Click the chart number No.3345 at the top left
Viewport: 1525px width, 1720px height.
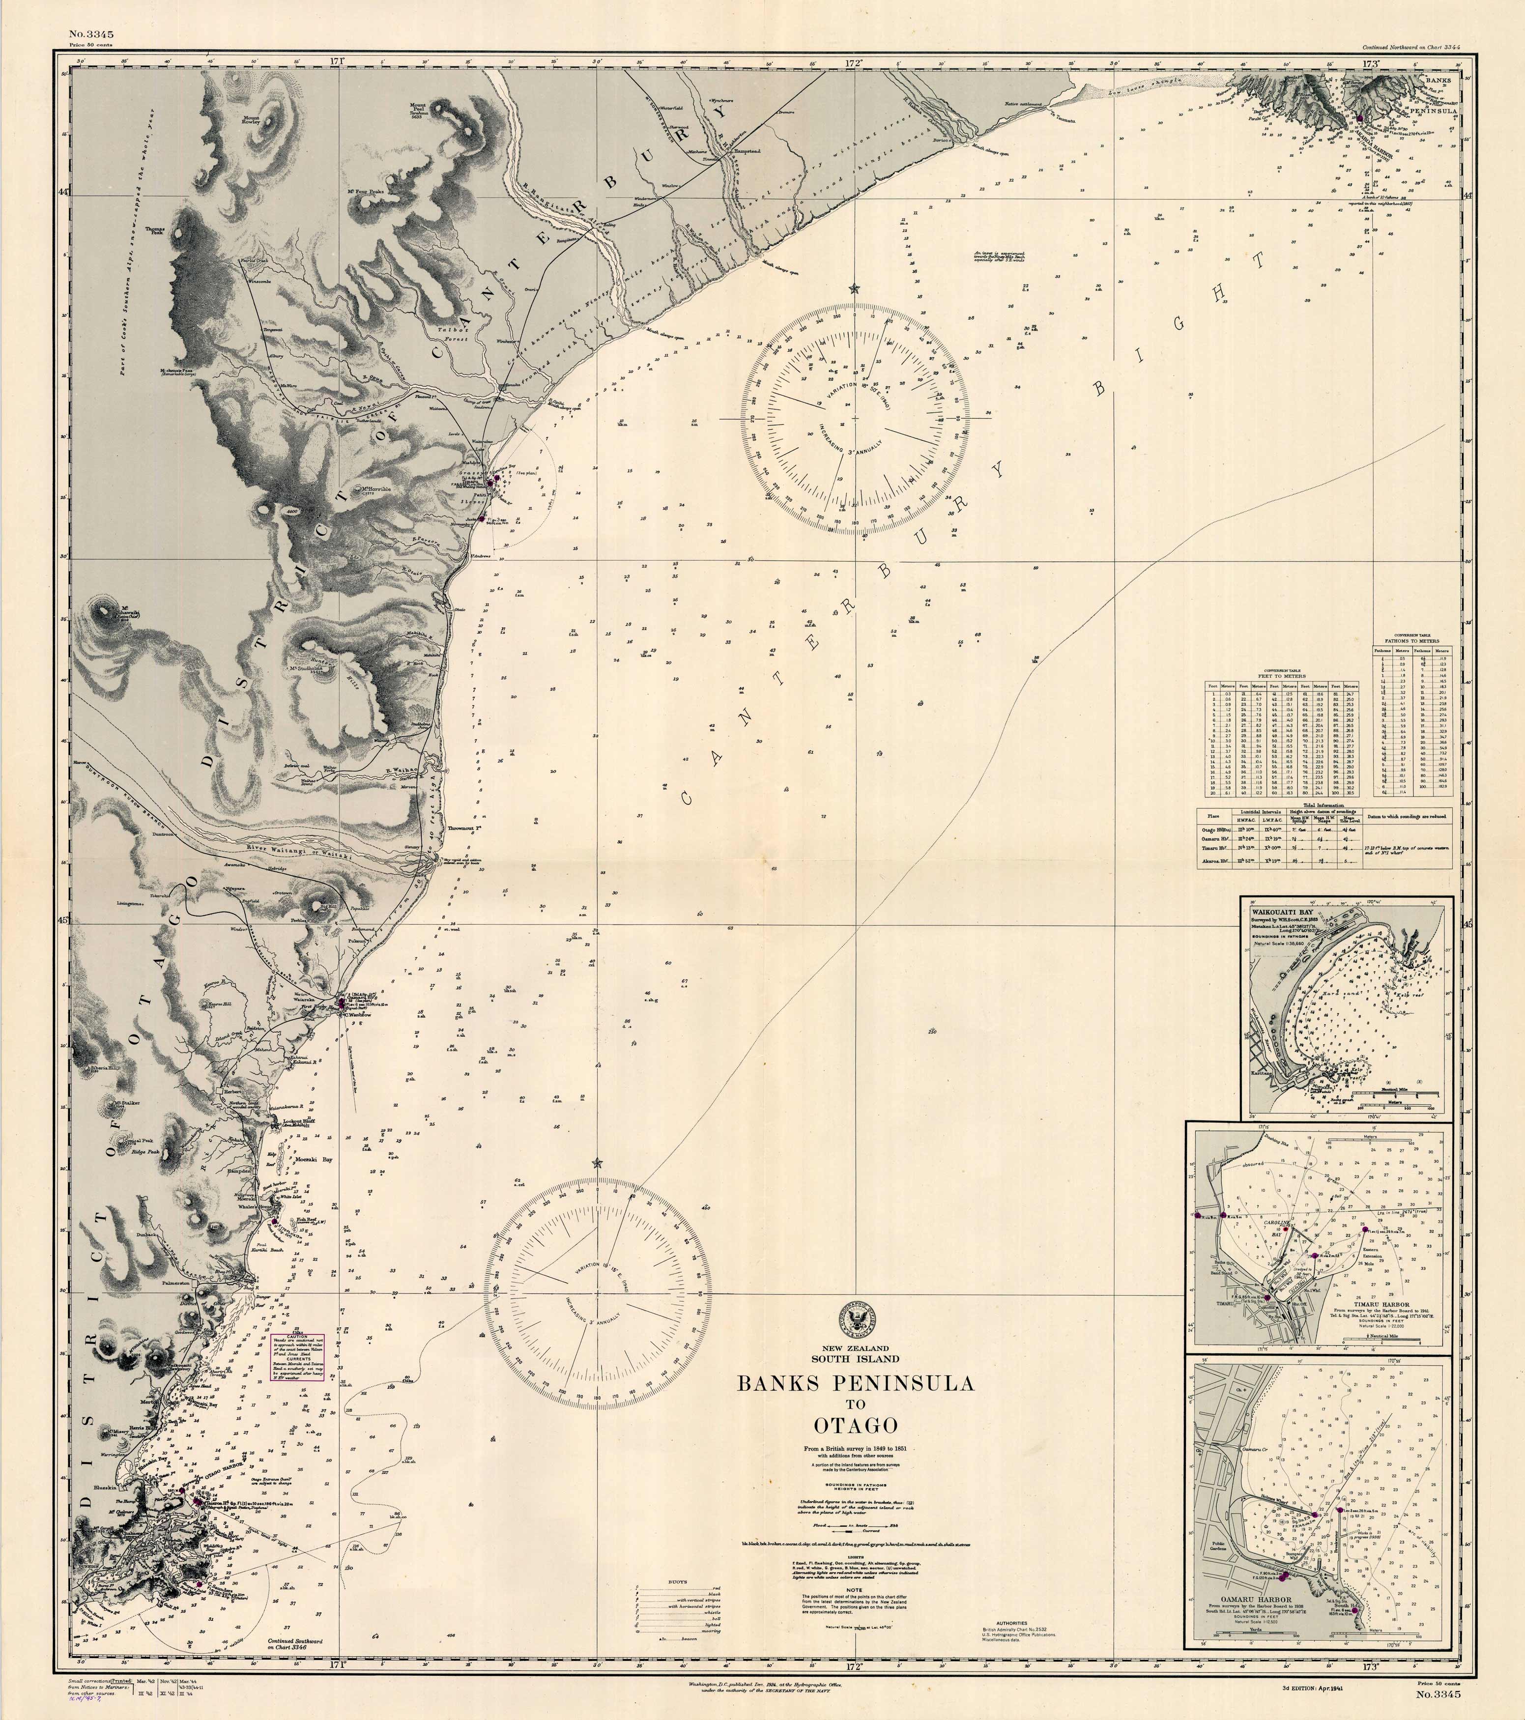[x=92, y=34]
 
